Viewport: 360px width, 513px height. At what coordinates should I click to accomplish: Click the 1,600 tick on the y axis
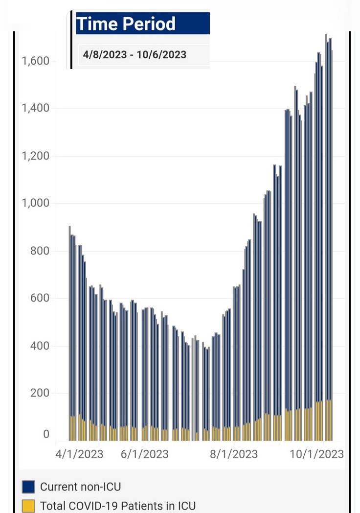click(35, 61)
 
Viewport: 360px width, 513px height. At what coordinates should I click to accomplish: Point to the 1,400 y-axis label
click(35, 108)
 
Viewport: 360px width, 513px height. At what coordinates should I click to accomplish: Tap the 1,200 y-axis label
click(35, 156)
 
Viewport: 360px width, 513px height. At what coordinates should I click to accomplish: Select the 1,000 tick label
click(35, 203)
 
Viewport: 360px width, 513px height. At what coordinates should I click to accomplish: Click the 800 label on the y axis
click(40, 251)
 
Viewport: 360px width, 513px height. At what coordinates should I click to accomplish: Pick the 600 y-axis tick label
click(40, 298)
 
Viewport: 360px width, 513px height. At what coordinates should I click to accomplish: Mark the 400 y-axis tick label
click(40, 346)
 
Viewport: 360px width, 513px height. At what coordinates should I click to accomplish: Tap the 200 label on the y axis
click(40, 393)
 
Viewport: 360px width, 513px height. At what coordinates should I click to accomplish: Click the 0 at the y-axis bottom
click(46, 434)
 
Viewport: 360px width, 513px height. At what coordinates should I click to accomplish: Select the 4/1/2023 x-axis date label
click(79, 454)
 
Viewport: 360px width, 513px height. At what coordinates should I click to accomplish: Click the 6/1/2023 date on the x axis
click(144, 454)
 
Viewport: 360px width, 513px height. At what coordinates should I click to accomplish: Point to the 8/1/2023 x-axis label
click(234, 454)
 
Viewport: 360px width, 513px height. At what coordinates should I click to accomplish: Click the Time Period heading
click(126, 23)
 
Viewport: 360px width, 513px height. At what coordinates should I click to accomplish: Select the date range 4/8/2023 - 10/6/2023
click(135, 54)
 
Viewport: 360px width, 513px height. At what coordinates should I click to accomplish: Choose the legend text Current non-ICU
click(80, 487)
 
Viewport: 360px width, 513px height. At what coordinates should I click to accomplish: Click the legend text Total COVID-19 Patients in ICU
click(118, 506)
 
